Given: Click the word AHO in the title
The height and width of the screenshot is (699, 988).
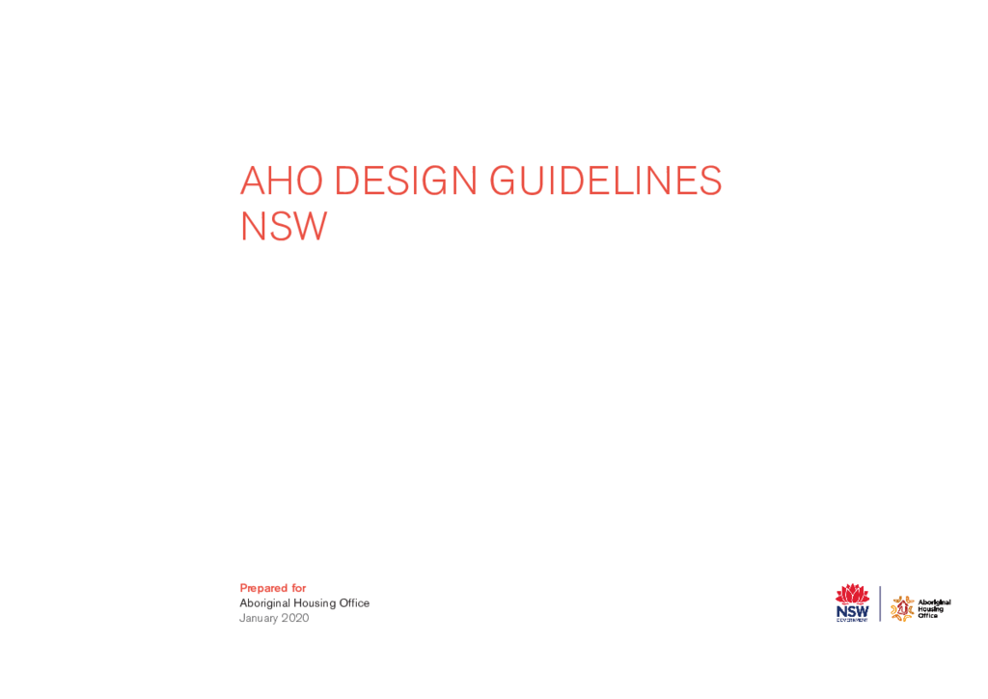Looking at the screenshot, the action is [x=282, y=181].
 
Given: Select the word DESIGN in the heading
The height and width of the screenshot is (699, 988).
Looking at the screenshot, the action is [x=405, y=181].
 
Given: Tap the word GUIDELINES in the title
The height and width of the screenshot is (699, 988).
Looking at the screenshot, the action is [x=606, y=181].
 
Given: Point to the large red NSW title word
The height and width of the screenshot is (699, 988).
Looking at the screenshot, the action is [x=284, y=226].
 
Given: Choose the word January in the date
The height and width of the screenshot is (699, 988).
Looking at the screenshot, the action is [x=259, y=618].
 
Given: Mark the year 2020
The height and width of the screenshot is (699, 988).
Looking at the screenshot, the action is [x=295, y=618].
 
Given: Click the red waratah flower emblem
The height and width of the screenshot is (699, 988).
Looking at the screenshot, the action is [x=853, y=594].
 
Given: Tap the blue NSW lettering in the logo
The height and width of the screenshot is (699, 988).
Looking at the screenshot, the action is [x=853, y=611].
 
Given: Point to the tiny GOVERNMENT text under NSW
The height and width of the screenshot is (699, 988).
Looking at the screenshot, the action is [x=853, y=620].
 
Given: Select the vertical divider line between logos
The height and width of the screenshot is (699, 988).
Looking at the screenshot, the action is [x=880, y=603].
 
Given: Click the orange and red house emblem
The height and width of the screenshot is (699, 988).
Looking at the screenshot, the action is [x=902, y=609].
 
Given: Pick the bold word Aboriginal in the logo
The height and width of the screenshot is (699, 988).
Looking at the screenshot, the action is [x=934, y=602].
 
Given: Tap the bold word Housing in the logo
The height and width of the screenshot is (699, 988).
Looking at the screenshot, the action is [x=931, y=609].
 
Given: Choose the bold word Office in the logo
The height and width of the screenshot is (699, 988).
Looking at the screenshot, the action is [x=927, y=616].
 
